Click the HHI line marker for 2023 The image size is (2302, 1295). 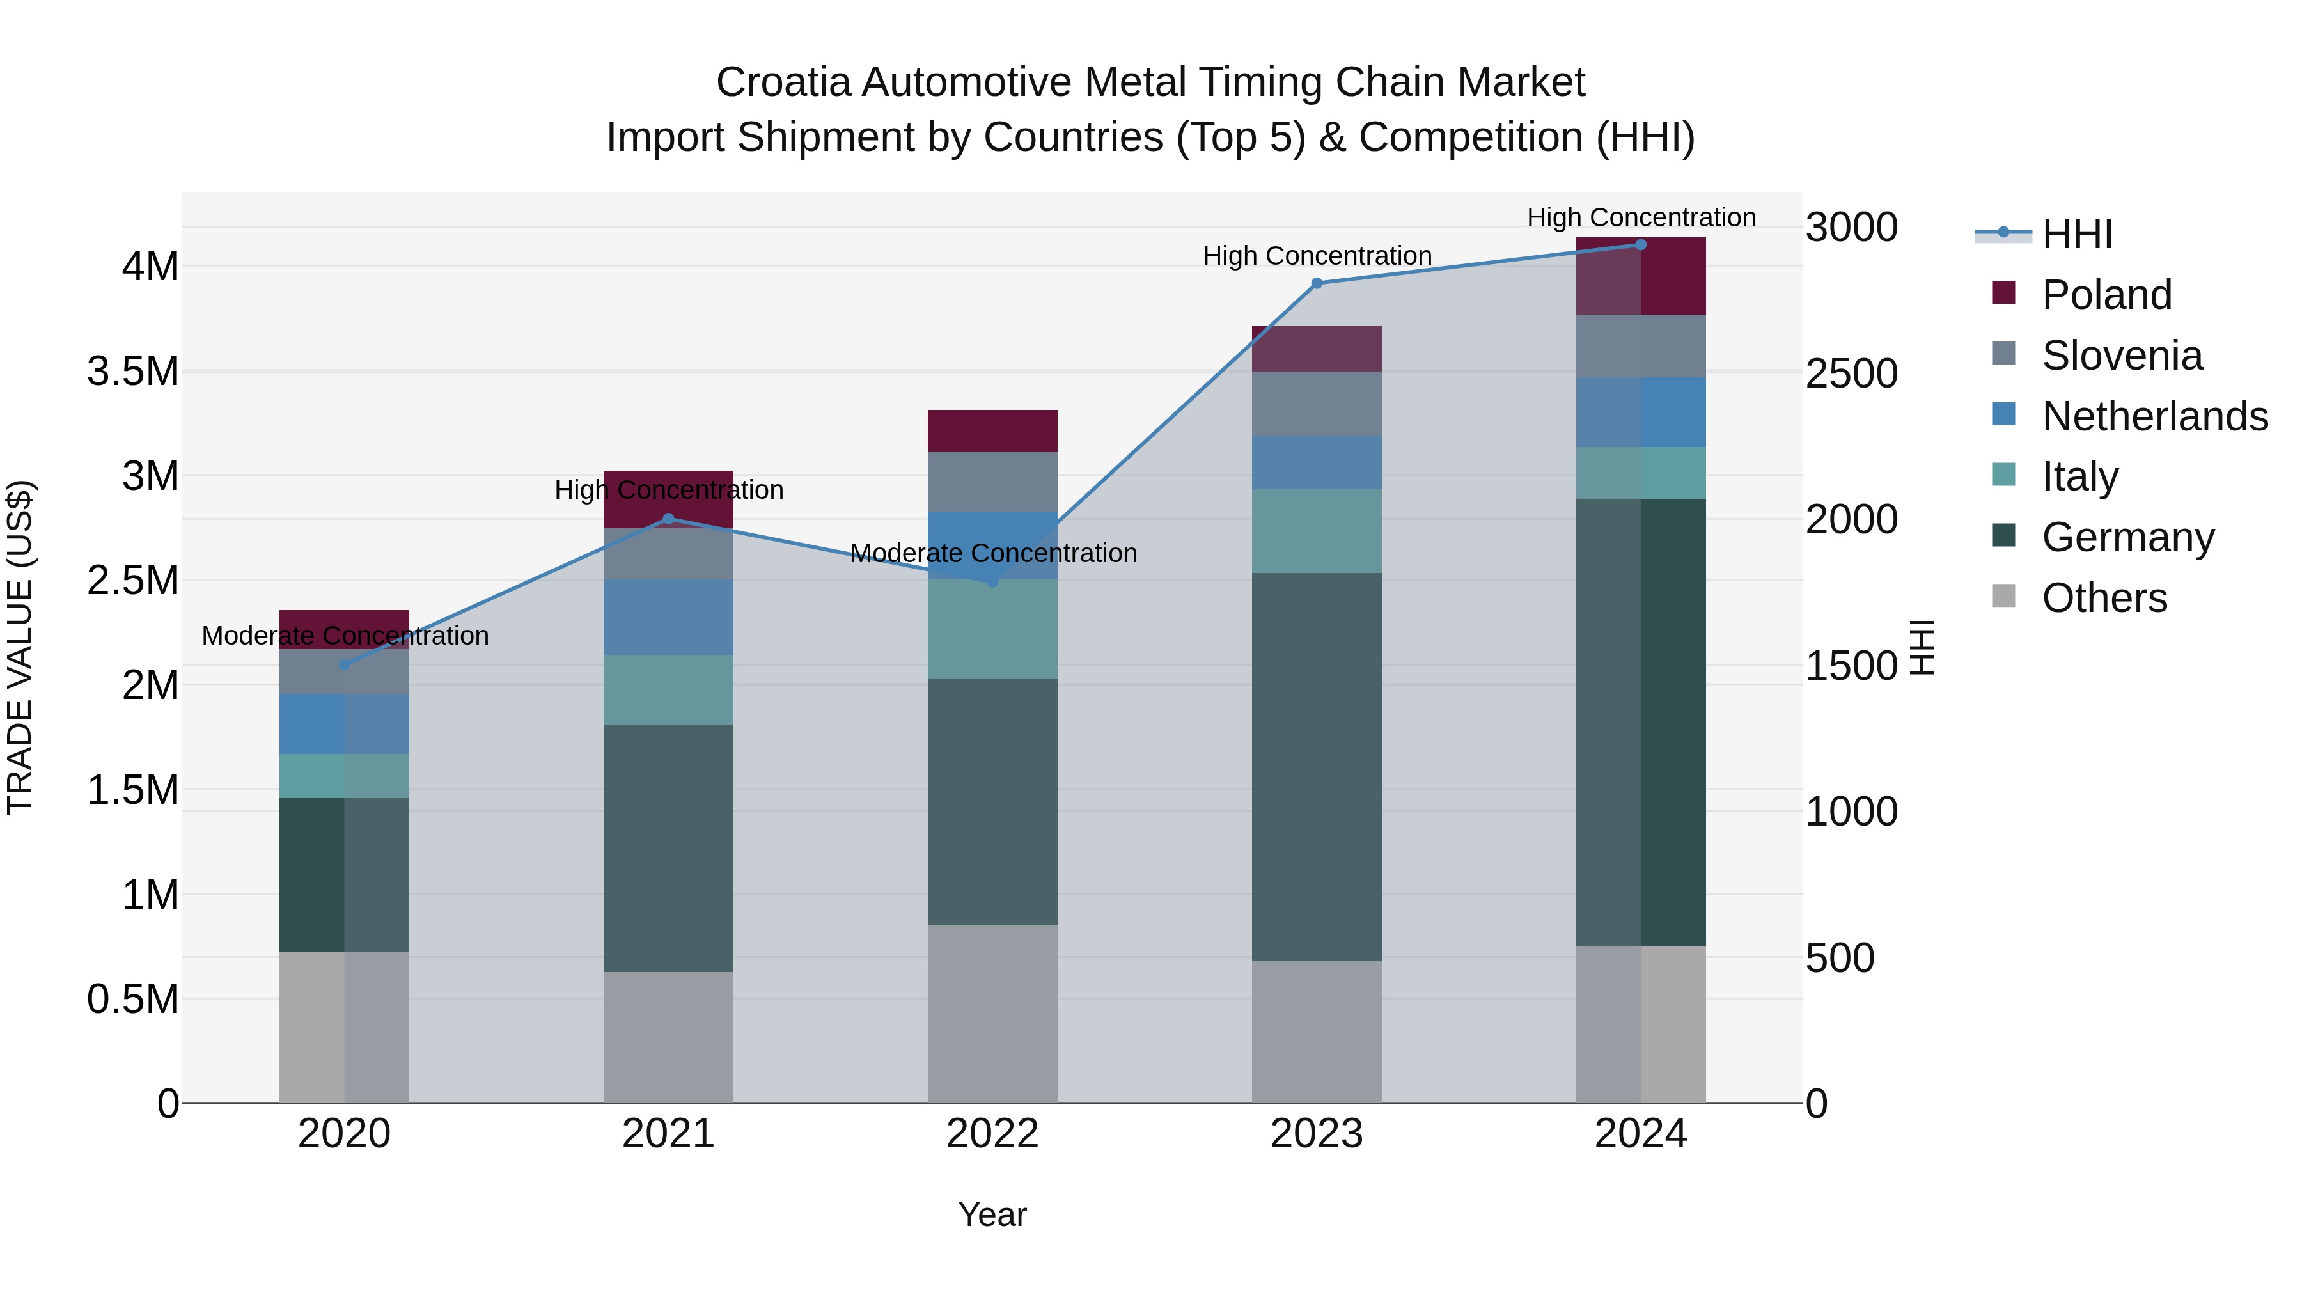(1317, 283)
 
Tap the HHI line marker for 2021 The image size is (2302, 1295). (668, 519)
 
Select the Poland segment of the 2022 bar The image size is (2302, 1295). (992, 431)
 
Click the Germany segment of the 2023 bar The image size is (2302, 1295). (1317, 767)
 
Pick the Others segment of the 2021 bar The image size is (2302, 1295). (668, 1037)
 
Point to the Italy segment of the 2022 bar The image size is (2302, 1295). (992, 629)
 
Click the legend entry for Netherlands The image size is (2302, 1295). (2154, 416)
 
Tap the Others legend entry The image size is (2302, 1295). (2104, 598)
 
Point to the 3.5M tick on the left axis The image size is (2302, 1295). (132, 371)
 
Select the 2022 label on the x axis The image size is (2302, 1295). (992, 1134)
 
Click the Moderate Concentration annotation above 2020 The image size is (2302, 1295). (345, 636)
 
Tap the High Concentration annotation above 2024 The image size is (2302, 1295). (1641, 217)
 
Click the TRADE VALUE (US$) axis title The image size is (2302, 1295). (20, 647)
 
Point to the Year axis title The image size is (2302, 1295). (992, 1214)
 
